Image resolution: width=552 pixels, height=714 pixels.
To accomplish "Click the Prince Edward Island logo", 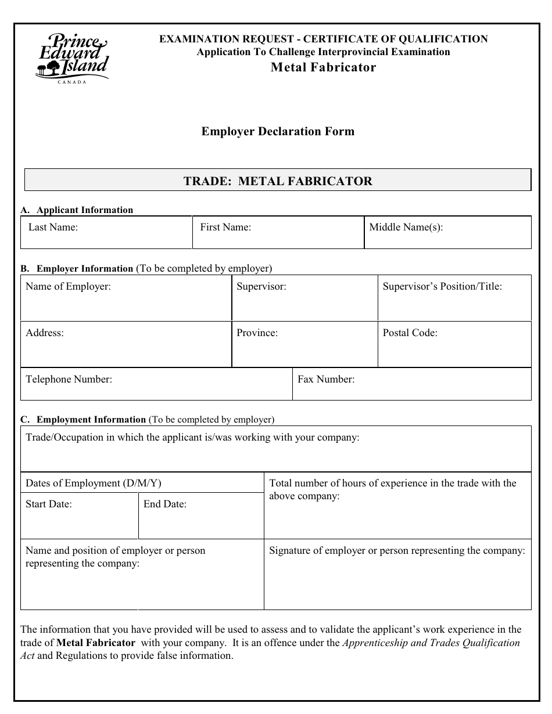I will pos(72,56).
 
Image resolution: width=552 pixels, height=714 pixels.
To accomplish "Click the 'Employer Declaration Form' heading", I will pos(278,131).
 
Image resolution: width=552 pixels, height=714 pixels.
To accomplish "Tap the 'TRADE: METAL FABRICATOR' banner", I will pos(278,181).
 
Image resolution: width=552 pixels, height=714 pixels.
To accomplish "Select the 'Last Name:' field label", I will pos(53,227).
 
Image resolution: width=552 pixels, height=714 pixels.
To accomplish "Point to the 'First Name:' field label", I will pos(225,227).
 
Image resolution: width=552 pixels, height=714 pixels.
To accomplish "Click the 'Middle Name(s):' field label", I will pos(406,227).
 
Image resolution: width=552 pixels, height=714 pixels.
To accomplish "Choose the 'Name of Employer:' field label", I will pos(68,286).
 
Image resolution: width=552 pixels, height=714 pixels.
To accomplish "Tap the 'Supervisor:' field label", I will pos(261,286).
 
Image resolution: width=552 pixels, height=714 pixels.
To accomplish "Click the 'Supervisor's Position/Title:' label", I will pos(442,286).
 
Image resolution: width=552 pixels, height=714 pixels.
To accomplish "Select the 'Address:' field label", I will pos(45,333).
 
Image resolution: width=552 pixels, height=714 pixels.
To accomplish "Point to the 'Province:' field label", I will pos(257,333).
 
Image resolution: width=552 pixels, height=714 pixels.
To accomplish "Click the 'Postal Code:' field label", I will pos(410,333).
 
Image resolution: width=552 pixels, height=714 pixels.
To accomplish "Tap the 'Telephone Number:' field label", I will pos(69,379).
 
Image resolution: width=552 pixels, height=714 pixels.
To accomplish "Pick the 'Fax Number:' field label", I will pos(326,379).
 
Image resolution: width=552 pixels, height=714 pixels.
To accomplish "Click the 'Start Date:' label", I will pos(49,504).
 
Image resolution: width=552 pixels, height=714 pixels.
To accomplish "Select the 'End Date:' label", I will pos(165,504).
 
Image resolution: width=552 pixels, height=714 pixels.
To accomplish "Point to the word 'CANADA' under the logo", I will pos(72,82).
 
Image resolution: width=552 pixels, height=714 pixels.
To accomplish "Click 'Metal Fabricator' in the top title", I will pos(324,67).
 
